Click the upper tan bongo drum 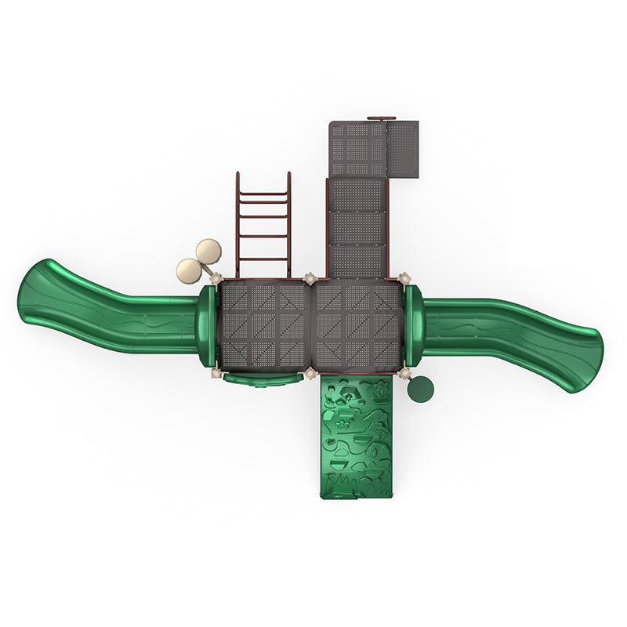[x=208, y=251]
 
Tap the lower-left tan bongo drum [x=189, y=270]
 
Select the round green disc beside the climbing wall [x=420, y=389]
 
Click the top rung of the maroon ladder [x=263, y=193]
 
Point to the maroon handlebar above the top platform [x=381, y=119]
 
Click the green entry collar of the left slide [x=206, y=325]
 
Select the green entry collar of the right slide [x=414, y=325]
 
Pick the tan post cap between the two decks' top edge [x=310, y=277]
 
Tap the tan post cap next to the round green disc [x=404, y=373]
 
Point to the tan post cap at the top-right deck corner [x=404, y=277]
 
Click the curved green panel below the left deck [x=263, y=380]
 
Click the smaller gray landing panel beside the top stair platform [x=403, y=147]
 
